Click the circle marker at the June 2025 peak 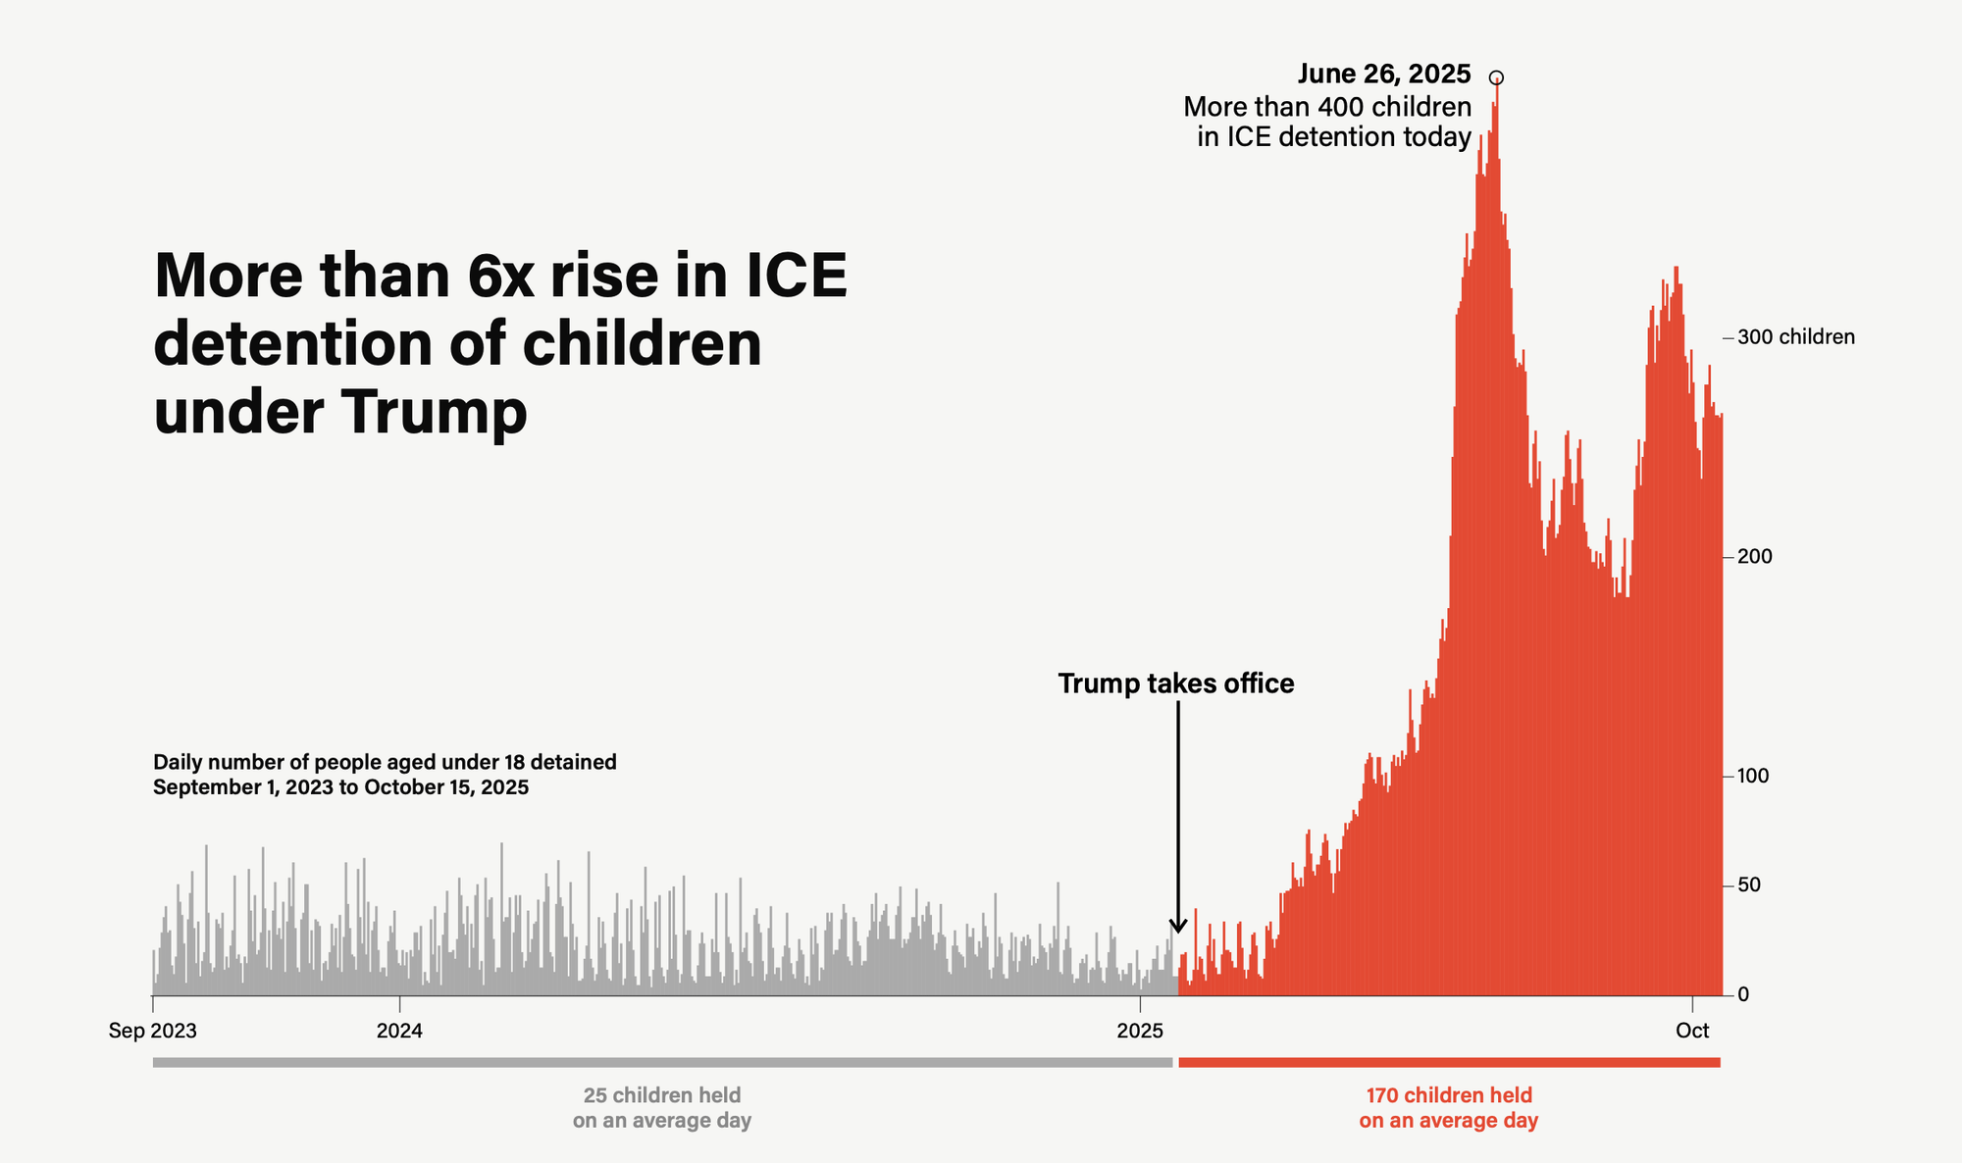pyautogui.click(x=1496, y=77)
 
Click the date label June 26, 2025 pyautogui.click(x=1383, y=74)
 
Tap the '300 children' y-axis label pyautogui.click(x=1795, y=337)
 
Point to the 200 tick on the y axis pyautogui.click(x=1754, y=557)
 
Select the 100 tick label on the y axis pyautogui.click(x=1754, y=776)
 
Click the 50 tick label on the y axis pyautogui.click(x=1749, y=885)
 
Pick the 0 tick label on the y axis pyautogui.click(x=1743, y=994)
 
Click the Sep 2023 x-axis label pyautogui.click(x=152, y=1031)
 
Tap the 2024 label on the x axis pyautogui.click(x=399, y=1031)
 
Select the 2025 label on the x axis pyautogui.click(x=1140, y=1031)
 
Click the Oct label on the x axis pyautogui.click(x=1692, y=1031)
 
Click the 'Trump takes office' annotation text pyautogui.click(x=1175, y=683)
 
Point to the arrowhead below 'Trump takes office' pyautogui.click(x=1178, y=927)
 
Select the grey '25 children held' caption pyautogui.click(x=662, y=1095)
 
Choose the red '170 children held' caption pyautogui.click(x=1448, y=1095)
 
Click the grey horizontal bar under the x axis pyautogui.click(x=662, y=1062)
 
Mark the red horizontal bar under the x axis pyautogui.click(x=1449, y=1062)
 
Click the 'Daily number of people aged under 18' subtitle pyautogui.click(x=385, y=762)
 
